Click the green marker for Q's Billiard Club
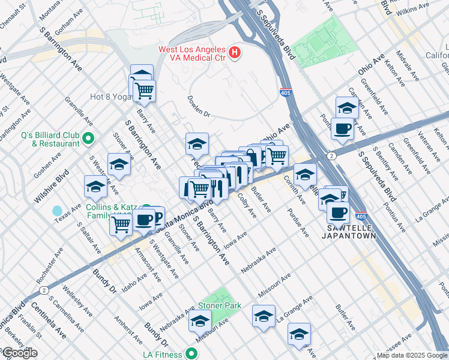click(x=89, y=139)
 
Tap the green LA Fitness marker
click(x=191, y=353)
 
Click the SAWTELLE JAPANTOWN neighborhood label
click(x=352, y=232)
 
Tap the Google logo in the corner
click(x=19, y=353)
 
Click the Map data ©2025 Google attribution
click(x=412, y=355)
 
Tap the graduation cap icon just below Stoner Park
click(x=200, y=322)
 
